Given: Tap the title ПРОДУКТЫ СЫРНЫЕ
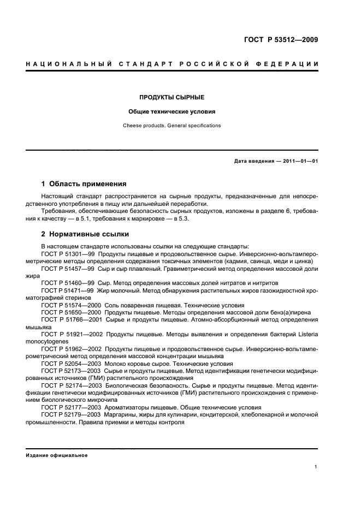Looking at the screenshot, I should pos(171,97).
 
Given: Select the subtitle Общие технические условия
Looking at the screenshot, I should pos(171,111).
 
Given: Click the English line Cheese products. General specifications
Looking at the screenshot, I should pos(171,126).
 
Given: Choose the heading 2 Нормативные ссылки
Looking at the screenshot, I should pos(85,235).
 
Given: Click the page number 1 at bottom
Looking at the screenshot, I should pos(316,467).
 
